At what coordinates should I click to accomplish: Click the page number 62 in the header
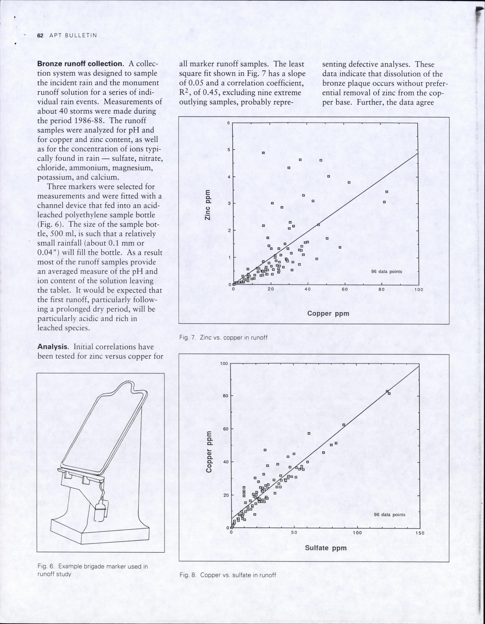(40, 35)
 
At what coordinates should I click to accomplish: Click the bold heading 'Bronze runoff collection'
(80, 64)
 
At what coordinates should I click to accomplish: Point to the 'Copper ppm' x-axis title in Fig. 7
(328, 313)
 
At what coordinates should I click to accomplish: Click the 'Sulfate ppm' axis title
(326, 548)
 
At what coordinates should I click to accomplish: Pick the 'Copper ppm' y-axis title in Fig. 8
(209, 452)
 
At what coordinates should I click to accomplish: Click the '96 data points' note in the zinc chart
(387, 272)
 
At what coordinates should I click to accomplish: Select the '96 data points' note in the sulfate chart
(390, 515)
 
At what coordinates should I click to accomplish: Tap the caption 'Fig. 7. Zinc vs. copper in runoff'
(223, 337)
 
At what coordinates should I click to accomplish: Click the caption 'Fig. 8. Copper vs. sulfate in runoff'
(228, 575)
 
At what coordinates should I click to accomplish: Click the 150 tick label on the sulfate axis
(419, 533)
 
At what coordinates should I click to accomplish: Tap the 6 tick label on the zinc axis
(229, 123)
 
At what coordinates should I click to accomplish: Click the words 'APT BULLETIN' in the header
(73, 35)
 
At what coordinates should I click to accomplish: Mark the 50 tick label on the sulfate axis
(294, 533)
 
